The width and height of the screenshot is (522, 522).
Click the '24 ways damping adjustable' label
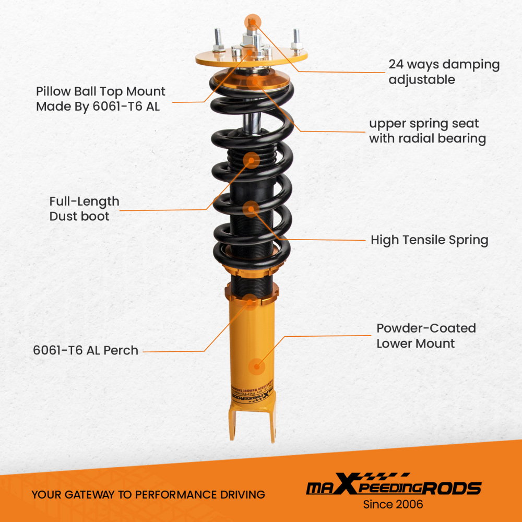coord(444,72)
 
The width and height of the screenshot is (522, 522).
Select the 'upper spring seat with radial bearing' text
coord(427,131)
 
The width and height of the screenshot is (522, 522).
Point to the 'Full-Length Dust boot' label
coord(84,209)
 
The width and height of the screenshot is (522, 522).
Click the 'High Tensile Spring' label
coord(429,240)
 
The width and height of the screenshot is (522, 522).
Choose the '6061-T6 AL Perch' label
coord(86,350)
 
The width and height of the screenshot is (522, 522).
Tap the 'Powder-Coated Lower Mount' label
coord(426,336)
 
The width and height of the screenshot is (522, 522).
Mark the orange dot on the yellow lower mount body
coord(256,366)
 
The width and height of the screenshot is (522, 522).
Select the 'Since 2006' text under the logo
coord(393,504)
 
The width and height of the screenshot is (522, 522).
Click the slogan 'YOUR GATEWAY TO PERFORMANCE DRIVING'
coord(148,494)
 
